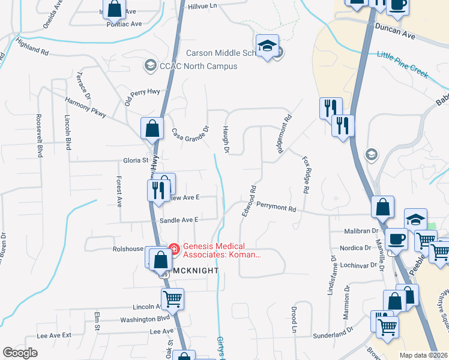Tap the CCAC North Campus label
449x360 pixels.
pos(190,66)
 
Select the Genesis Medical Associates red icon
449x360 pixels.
pos(174,247)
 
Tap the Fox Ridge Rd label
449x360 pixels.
pos(306,174)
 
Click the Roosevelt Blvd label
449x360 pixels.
pos(40,136)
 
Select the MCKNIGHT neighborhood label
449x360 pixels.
pos(196,271)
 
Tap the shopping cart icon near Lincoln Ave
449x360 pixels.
pos(172,298)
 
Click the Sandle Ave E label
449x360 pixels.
pos(178,221)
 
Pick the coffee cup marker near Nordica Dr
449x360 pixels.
pos(396,239)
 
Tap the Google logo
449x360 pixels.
pos(20,353)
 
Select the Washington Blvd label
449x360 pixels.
pos(145,320)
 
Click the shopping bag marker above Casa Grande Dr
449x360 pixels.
pos(152,128)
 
